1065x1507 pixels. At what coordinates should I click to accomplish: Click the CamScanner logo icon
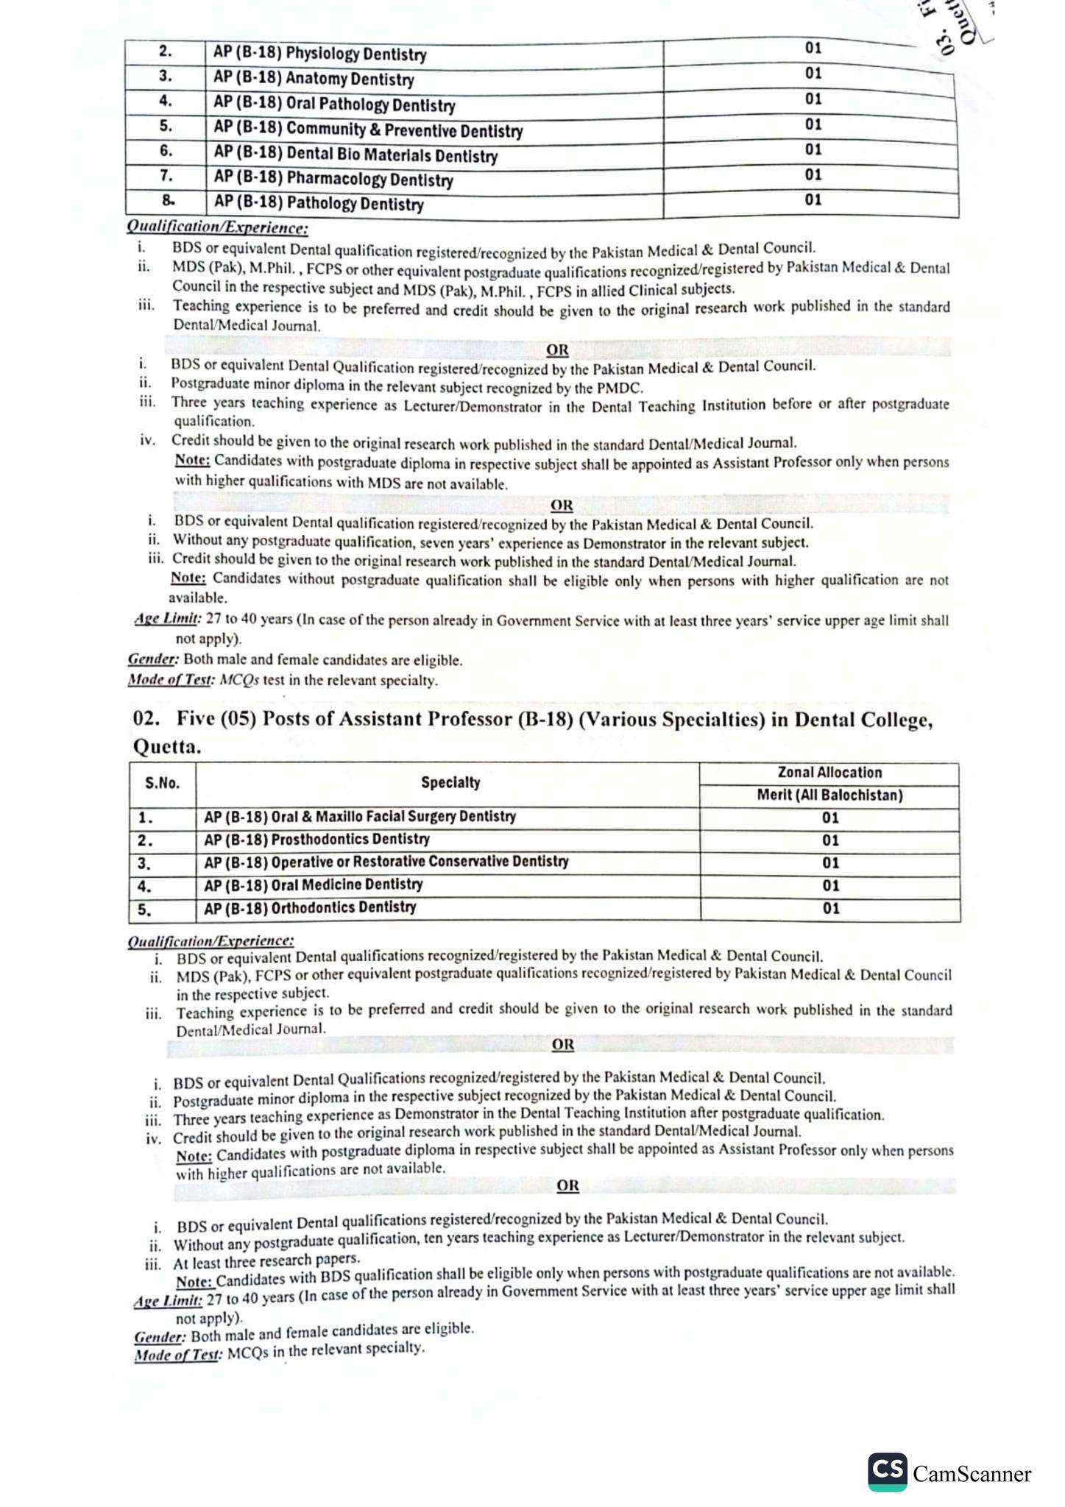click(x=888, y=1471)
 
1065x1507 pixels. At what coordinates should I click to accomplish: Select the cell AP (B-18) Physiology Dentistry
click(x=319, y=54)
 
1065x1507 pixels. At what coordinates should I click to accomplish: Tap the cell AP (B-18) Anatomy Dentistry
click(x=314, y=79)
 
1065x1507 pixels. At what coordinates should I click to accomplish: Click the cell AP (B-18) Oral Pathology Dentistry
click(x=334, y=104)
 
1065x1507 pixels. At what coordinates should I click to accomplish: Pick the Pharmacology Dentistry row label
click(x=333, y=179)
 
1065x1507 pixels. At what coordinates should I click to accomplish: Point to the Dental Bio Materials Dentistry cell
click(x=355, y=155)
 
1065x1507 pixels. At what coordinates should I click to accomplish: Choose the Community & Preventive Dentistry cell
click(x=368, y=130)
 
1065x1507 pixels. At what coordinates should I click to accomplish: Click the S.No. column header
click(x=163, y=784)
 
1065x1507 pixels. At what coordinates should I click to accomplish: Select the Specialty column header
click(x=450, y=782)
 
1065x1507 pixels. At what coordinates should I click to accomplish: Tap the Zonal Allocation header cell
click(x=829, y=773)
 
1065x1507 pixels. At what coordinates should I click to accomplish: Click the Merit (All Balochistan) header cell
click(x=829, y=795)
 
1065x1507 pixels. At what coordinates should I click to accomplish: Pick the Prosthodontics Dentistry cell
click(x=316, y=839)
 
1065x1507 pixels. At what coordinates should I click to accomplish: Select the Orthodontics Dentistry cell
click(x=310, y=907)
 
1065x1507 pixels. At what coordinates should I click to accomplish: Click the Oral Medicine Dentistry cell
click(x=313, y=884)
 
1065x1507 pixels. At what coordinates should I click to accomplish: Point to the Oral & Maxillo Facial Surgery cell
click(x=360, y=817)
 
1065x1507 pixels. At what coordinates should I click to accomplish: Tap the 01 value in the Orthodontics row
click(x=830, y=909)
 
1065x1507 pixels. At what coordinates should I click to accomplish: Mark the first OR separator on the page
click(x=557, y=350)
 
